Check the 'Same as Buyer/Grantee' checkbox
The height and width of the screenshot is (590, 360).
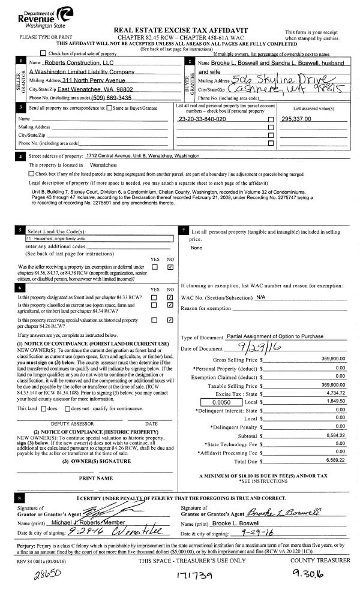click(109, 108)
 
